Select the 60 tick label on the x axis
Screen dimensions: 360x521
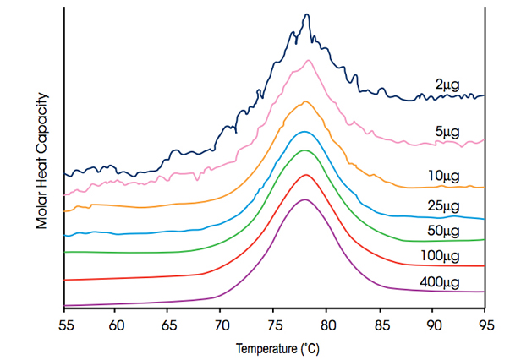tap(117, 323)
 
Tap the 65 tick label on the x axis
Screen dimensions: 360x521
tap(169, 323)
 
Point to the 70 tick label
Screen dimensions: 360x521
tap(222, 323)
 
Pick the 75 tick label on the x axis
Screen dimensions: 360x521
tap(275, 323)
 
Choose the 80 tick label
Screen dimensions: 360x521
tap(327, 323)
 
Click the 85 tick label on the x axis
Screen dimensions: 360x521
tap(381, 323)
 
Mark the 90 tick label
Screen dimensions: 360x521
tap(433, 323)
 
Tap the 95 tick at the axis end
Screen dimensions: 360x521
tap(485, 323)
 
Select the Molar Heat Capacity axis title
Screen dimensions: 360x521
tap(40, 162)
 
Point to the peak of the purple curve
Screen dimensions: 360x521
tap(304, 199)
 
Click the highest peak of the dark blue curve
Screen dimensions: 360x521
tap(306, 14)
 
